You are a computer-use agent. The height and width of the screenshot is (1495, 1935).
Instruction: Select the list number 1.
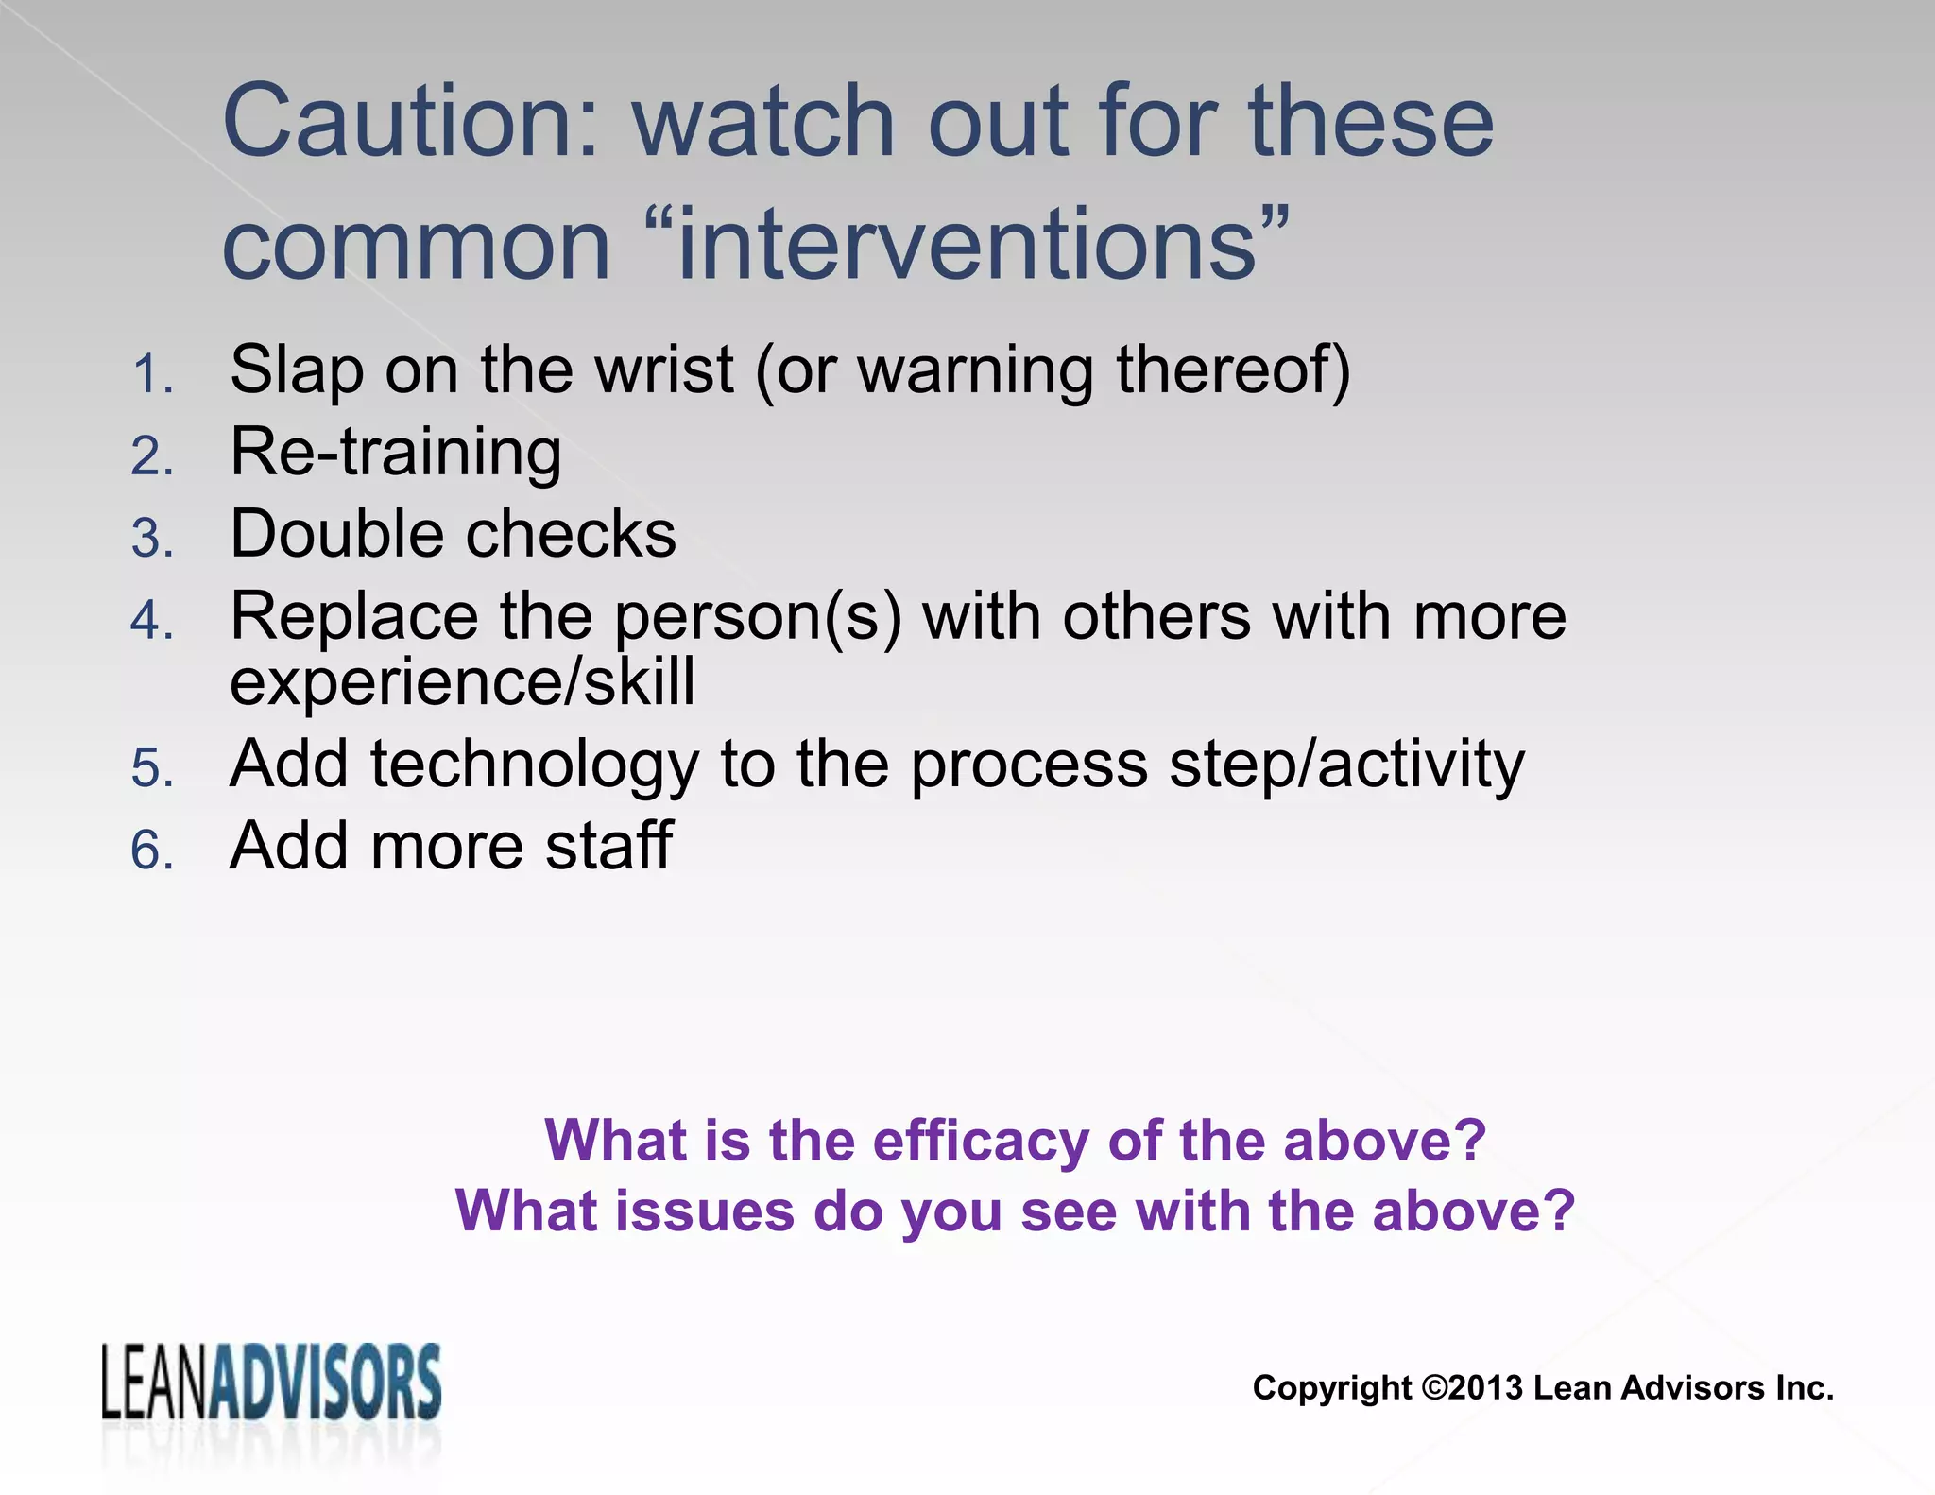tap(151, 374)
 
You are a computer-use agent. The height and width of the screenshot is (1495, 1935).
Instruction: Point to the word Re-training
tap(396, 453)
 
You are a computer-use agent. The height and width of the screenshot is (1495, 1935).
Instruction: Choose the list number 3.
tap(151, 539)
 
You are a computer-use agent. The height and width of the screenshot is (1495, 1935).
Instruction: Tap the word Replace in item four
tap(353, 616)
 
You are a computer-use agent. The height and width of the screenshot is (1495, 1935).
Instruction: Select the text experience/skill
tap(462, 681)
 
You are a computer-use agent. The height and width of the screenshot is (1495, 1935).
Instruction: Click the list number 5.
tap(151, 767)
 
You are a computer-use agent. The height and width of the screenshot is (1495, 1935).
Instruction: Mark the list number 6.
tap(151, 850)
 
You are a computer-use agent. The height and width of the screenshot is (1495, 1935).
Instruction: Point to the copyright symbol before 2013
tap(1433, 1387)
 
